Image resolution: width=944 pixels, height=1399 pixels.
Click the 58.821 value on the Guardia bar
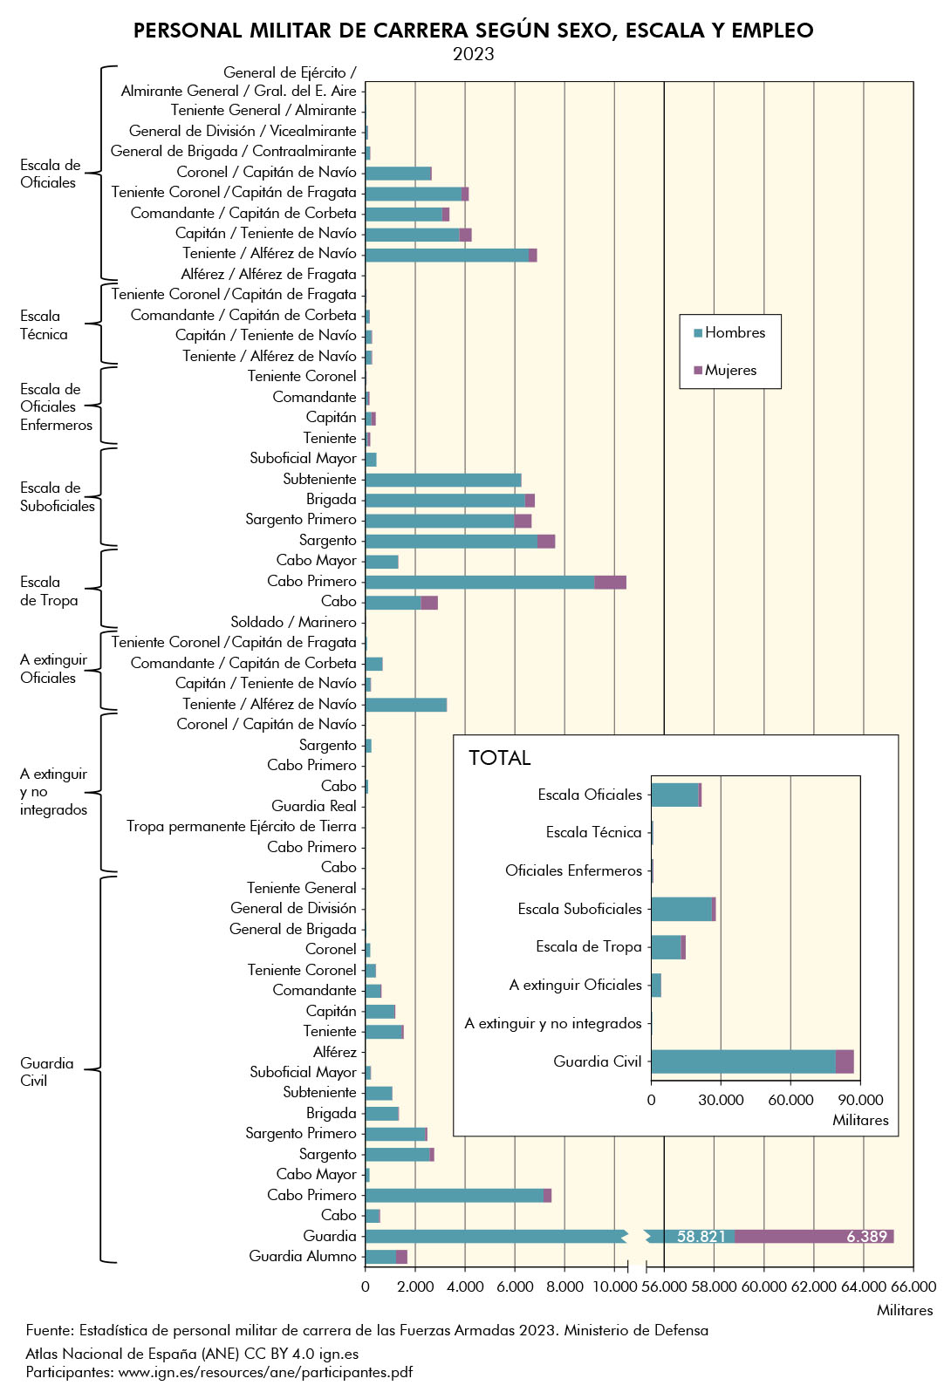701,1236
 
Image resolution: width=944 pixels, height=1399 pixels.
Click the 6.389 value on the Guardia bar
866,1236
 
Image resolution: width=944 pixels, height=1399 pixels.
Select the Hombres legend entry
735,332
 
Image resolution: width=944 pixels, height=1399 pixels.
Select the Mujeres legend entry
730,370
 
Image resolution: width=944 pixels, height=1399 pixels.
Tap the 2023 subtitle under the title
473,54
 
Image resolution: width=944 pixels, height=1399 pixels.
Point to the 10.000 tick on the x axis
614,1286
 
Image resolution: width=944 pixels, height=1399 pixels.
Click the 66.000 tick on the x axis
913,1286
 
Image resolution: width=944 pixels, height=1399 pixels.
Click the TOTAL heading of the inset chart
499,757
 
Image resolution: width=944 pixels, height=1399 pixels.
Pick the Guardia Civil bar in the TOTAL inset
751,1061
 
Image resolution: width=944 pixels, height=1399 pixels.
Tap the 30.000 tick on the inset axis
721,1100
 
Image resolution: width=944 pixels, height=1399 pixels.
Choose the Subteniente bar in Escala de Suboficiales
442,480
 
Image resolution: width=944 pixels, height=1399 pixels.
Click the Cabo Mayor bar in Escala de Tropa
381,561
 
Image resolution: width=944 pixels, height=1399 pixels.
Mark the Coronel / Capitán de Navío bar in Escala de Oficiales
398,173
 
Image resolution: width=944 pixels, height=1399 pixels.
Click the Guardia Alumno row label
302,1256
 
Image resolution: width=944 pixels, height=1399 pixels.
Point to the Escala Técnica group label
43,324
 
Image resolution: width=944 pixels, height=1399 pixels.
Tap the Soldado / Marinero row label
293,622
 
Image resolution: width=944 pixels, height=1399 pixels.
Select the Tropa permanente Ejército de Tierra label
241,826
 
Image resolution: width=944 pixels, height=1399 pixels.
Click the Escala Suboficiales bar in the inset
682,909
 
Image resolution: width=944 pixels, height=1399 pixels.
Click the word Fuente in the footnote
49,1330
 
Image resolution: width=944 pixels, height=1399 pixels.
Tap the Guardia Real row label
313,806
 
